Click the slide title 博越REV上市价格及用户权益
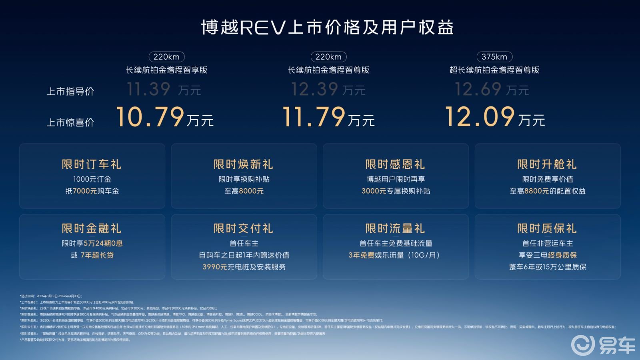click(327, 28)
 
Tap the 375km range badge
click(494, 57)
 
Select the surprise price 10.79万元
click(165, 117)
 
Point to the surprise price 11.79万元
click(328, 117)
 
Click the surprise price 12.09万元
click(495, 117)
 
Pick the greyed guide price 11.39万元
click(164, 89)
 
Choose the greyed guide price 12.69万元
click(492, 89)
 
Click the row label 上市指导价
click(70, 92)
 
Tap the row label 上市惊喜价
click(70, 122)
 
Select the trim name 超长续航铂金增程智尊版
click(494, 70)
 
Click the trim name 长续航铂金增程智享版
click(166, 70)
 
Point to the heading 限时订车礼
click(92, 164)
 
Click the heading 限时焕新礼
click(244, 164)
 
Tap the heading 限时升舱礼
click(547, 164)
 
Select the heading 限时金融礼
click(92, 228)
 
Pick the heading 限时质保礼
click(547, 228)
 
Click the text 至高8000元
click(244, 191)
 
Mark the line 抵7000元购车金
click(92, 191)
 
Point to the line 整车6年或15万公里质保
click(548, 267)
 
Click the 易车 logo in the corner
click(602, 345)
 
